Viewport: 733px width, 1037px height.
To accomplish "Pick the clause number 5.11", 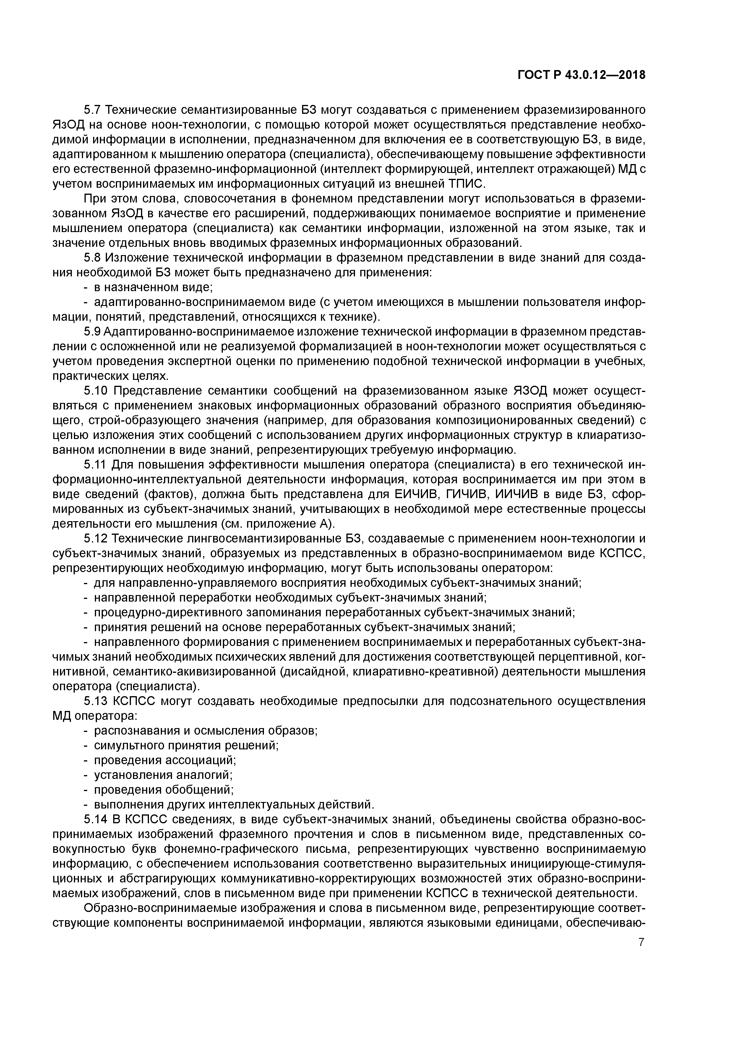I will click(95, 465).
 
